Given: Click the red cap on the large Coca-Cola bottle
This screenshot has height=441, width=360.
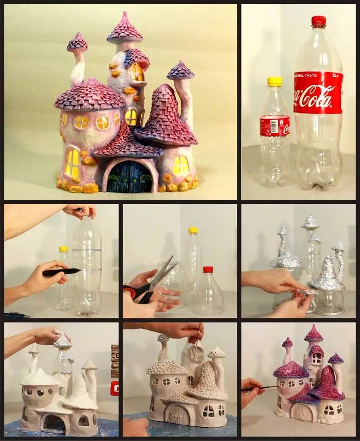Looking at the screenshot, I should tap(318, 21).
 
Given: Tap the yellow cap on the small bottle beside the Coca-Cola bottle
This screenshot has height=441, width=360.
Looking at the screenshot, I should tap(274, 82).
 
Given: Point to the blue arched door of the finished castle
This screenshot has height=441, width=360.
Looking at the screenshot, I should tap(129, 177).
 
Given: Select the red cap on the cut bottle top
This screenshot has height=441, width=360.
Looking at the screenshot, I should tap(208, 270).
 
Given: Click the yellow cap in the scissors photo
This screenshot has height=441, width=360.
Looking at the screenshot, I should tap(193, 230).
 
